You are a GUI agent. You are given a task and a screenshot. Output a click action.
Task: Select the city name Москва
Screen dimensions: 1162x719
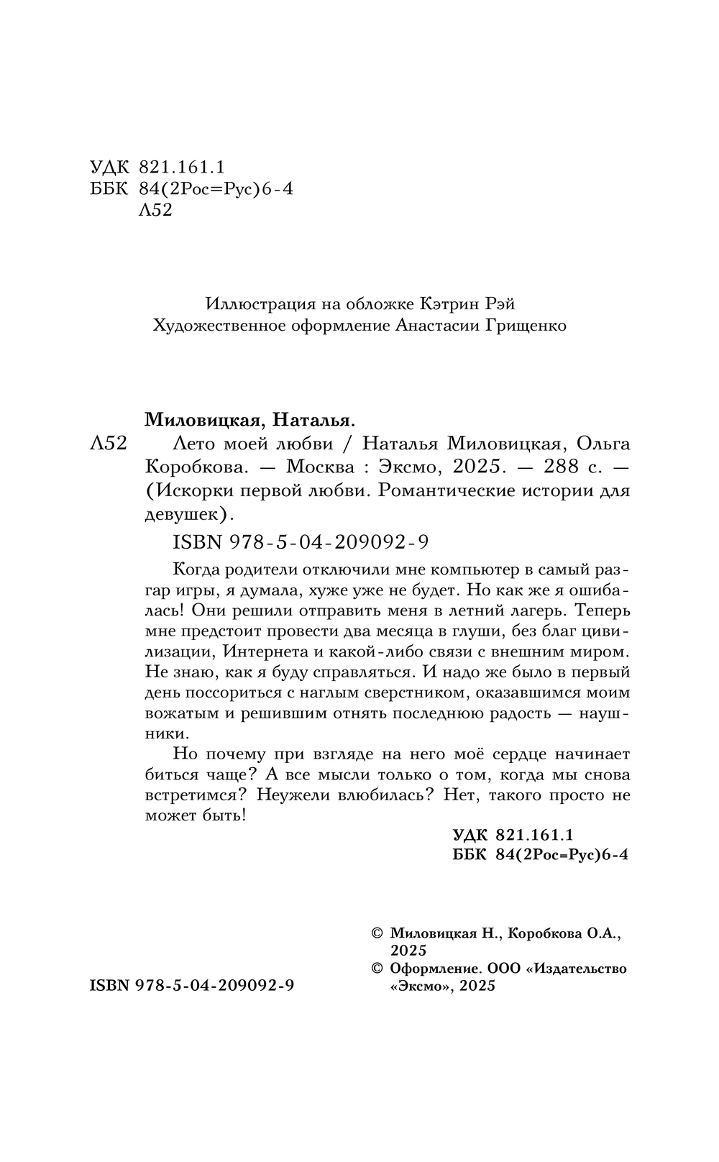319,467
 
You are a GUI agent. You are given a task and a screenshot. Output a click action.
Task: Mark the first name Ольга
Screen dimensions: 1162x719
603,443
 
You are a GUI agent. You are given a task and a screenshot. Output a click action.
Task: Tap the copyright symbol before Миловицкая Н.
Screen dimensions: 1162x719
377,934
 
